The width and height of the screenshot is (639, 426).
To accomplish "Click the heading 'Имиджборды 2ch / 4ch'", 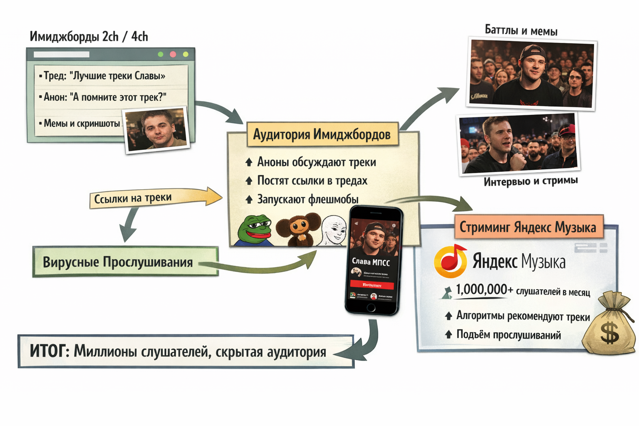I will (89, 37).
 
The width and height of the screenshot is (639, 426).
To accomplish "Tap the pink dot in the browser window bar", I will (173, 54).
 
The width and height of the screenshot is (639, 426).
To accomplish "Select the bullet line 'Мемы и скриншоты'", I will (82, 124).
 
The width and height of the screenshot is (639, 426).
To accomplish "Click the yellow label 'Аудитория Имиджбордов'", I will (322, 134).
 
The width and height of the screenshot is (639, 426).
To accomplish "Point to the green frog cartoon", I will (255, 230).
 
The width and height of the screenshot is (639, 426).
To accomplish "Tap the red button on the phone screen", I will (372, 285).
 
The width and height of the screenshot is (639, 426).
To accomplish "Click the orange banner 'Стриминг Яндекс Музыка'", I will (528, 227).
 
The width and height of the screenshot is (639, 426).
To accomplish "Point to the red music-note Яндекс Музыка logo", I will (451, 261).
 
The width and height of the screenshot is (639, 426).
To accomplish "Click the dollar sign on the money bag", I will (609, 333).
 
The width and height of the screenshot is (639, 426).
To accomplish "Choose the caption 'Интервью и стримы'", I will (530, 181).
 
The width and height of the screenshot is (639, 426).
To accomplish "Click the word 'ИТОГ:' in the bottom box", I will (49, 351).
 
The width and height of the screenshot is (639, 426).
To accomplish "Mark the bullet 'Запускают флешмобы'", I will (307, 199).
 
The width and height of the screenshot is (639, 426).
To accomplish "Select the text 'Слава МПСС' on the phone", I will (371, 262).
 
